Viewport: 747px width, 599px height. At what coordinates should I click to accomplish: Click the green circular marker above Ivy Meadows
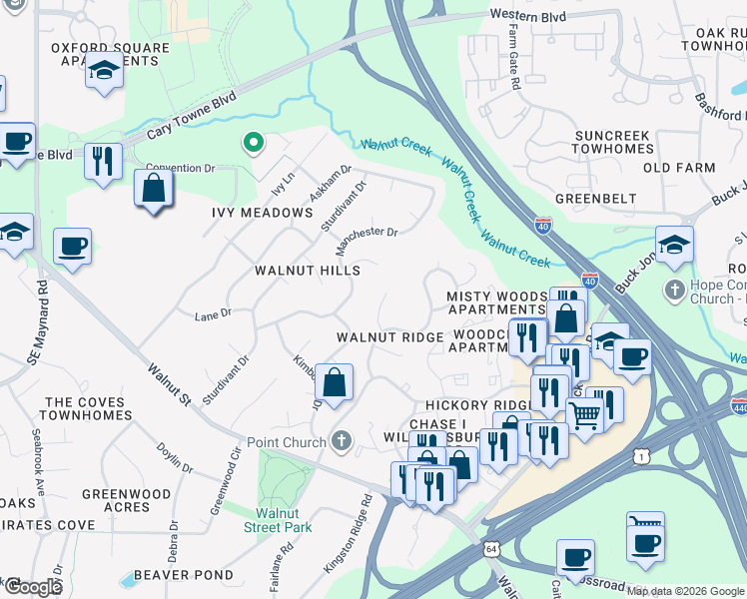(x=254, y=145)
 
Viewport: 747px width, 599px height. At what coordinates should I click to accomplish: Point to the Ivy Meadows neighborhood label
(x=263, y=213)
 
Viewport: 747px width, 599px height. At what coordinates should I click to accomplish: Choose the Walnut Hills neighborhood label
(x=307, y=271)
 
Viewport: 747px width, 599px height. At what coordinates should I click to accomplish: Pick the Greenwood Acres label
(x=127, y=500)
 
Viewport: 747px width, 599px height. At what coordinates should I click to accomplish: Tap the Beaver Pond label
(x=184, y=575)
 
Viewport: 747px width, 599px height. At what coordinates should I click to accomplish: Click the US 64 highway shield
(x=490, y=549)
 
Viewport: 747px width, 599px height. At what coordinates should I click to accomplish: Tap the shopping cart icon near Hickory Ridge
(x=584, y=413)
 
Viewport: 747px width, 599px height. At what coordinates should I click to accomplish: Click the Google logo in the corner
(x=33, y=587)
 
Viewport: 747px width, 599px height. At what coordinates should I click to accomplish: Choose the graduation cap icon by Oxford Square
(x=104, y=70)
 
